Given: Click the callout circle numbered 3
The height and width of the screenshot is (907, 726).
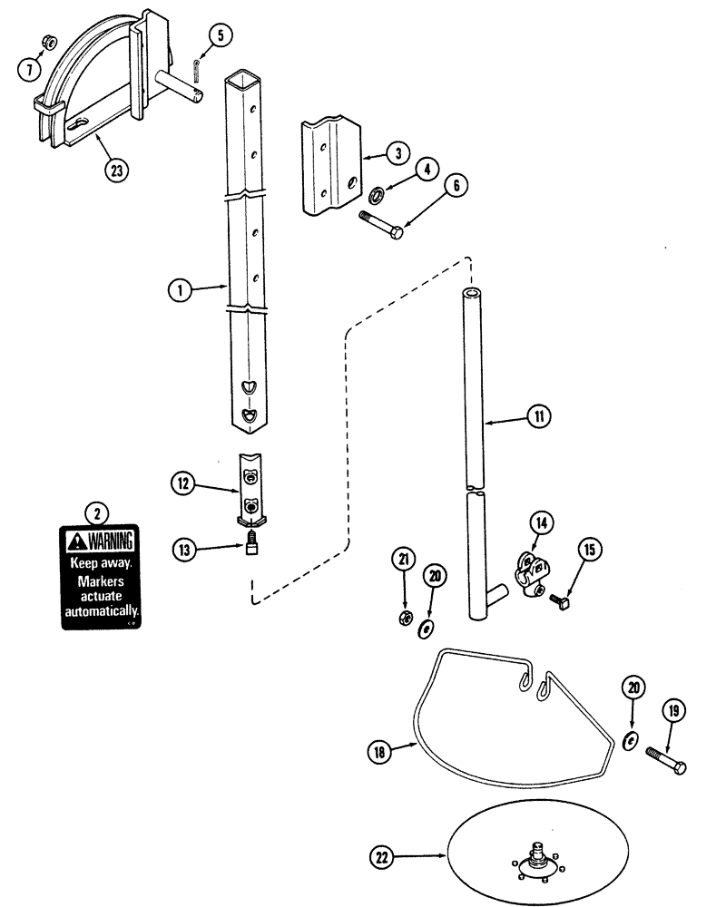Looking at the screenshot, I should click(x=397, y=152).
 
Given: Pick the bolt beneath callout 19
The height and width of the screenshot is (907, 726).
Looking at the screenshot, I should click(x=666, y=760).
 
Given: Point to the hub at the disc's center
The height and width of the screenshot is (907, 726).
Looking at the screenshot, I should click(x=535, y=855).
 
